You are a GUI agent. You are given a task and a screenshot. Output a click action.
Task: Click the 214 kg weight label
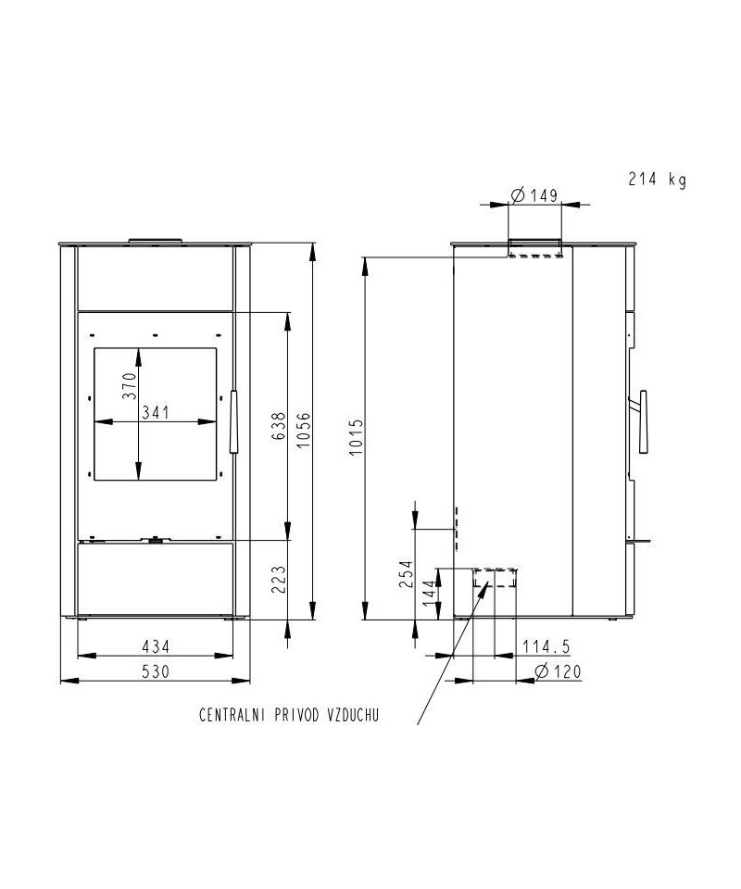click(657, 180)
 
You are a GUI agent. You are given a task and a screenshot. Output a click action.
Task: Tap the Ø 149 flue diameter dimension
click(534, 195)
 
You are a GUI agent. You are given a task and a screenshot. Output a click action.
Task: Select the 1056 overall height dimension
click(304, 429)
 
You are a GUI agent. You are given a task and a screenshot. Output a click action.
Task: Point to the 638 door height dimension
click(279, 426)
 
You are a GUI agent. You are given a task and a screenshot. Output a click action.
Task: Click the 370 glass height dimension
click(130, 385)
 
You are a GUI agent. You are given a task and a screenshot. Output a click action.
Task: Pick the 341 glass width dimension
click(156, 412)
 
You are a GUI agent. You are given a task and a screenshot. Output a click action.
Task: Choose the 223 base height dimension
click(279, 579)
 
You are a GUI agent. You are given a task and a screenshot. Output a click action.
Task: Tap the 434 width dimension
click(156, 646)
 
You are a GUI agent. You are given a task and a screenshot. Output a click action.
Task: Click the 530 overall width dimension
click(156, 671)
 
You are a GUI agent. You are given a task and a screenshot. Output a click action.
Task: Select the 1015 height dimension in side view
click(355, 438)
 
